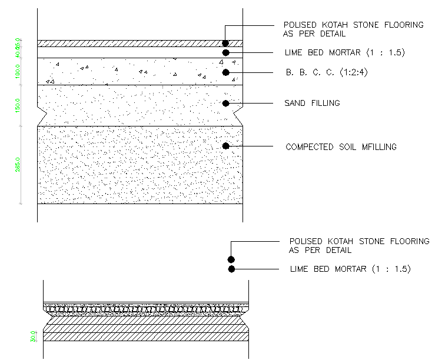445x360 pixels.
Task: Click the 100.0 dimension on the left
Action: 18,72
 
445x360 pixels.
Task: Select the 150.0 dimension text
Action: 18,105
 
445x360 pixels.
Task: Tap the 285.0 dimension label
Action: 18,163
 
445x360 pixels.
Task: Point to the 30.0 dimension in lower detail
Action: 32,336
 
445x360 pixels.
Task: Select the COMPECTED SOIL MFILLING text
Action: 341,147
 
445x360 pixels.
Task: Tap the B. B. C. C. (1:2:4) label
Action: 324,72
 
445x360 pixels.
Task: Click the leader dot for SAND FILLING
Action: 225,104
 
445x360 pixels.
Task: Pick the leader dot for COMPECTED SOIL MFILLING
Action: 225,145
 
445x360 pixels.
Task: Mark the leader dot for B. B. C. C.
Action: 225,72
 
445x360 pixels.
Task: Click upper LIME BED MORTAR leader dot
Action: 225,53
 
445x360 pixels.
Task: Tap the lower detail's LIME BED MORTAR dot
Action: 231,269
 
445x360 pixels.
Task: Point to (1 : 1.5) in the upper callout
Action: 386,53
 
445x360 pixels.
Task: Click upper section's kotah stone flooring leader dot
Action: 225,43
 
